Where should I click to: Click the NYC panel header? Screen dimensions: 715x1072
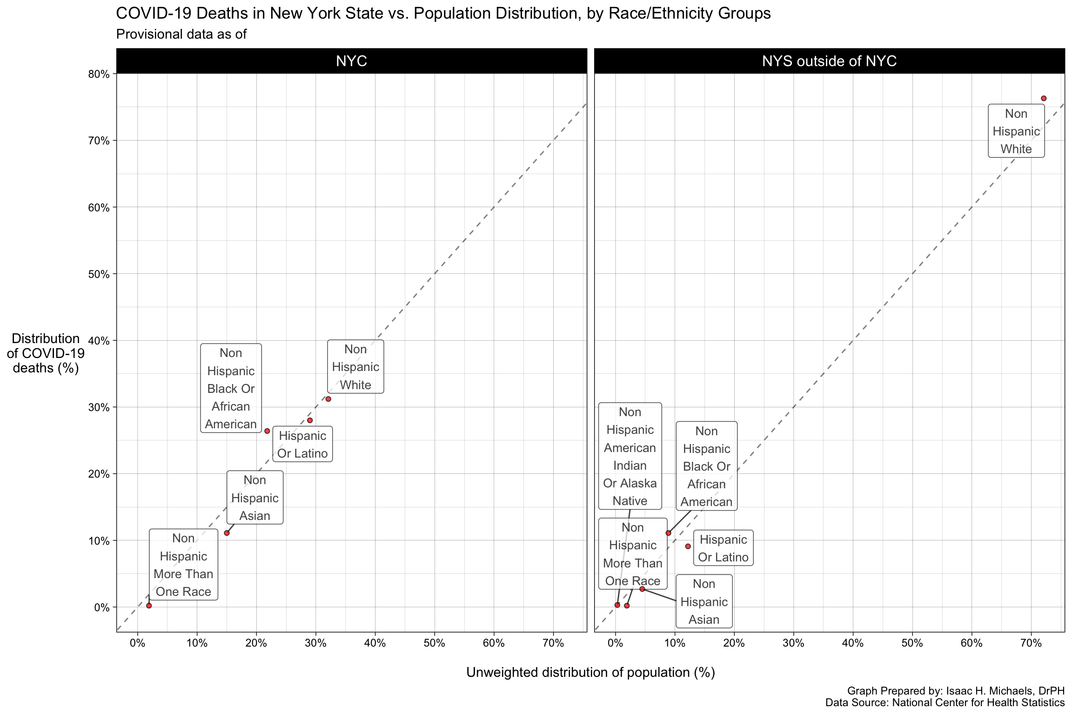pyautogui.click(x=351, y=61)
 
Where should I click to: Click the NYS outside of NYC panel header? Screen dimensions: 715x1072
pyautogui.click(x=829, y=61)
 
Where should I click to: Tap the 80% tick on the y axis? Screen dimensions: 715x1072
pyautogui.click(x=99, y=74)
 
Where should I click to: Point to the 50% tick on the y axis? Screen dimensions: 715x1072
pyautogui.click(x=99, y=274)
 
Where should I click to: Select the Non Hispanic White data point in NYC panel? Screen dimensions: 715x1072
pyautogui.click(x=328, y=399)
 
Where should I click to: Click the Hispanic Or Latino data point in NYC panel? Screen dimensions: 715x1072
pyautogui.click(x=310, y=420)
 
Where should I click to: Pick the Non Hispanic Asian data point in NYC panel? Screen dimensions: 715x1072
pyautogui.click(x=227, y=533)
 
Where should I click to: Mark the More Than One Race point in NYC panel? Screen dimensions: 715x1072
pyautogui.click(x=149, y=606)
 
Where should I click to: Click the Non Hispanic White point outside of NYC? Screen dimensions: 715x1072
pyautogui.click(x=1044, y=98)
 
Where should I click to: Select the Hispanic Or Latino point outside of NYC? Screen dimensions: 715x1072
pyautogui.click(x=688, y=546)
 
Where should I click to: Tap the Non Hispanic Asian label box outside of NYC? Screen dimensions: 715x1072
pyautogui.click(x=703, y=601)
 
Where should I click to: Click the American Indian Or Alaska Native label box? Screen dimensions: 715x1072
pyautogui.click(x=630, y=456)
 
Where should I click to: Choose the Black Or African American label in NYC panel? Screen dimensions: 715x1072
pyautogui.click(x=231, y=388)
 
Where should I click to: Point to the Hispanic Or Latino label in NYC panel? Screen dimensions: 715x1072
pyautogui.click(x=302, y=444)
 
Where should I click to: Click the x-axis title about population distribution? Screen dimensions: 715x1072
pyautogui.click(x=590, y=672)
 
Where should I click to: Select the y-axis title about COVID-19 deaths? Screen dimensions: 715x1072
pyautogui.click(x=46, y=353)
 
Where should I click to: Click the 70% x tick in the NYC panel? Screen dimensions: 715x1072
pyautogui.click(x=553, y=644)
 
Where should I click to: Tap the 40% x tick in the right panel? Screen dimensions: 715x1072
pyautogui.click(x=853, y=644)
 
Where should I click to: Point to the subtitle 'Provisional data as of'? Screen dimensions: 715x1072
pyautogui.click(x=181, y=34)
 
